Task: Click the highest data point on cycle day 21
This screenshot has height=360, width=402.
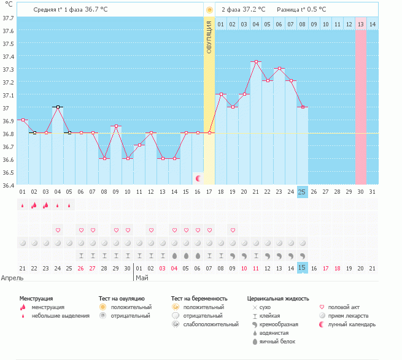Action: coord(256,61)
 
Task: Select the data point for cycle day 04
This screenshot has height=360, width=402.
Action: coord(58,107)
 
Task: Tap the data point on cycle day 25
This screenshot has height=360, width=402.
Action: coord(302,107)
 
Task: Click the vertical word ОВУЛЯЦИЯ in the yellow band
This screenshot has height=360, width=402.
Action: coord(209,37)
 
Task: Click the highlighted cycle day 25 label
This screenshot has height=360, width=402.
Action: coord(302,191)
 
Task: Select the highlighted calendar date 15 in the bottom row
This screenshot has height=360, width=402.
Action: coord(302,267)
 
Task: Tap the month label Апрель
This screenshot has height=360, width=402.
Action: coord(12,277)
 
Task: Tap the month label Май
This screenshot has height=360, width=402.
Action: coord(142,277)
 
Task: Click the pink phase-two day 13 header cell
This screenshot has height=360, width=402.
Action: coord(361,24)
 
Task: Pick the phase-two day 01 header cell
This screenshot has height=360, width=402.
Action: coord(220,24)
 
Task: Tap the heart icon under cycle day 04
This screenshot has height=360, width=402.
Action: coord(58,230)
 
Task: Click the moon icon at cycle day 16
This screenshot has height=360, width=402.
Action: coord(198,178)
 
